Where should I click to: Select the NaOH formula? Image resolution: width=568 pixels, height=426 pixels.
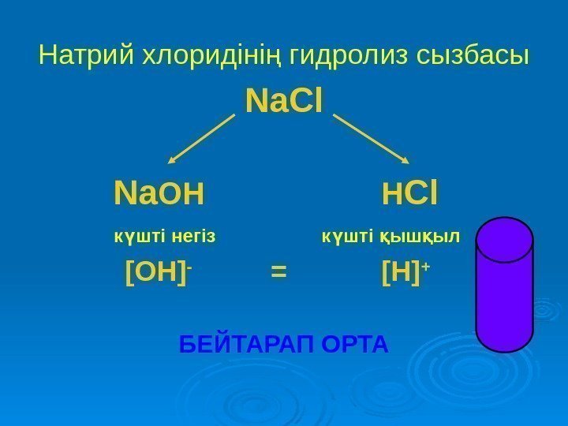click(159, 192)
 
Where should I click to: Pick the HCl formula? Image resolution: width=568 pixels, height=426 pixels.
click(411, 192)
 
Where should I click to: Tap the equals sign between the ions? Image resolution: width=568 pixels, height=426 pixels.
click(278, 273)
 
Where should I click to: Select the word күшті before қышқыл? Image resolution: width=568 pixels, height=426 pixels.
click(348, 235)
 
